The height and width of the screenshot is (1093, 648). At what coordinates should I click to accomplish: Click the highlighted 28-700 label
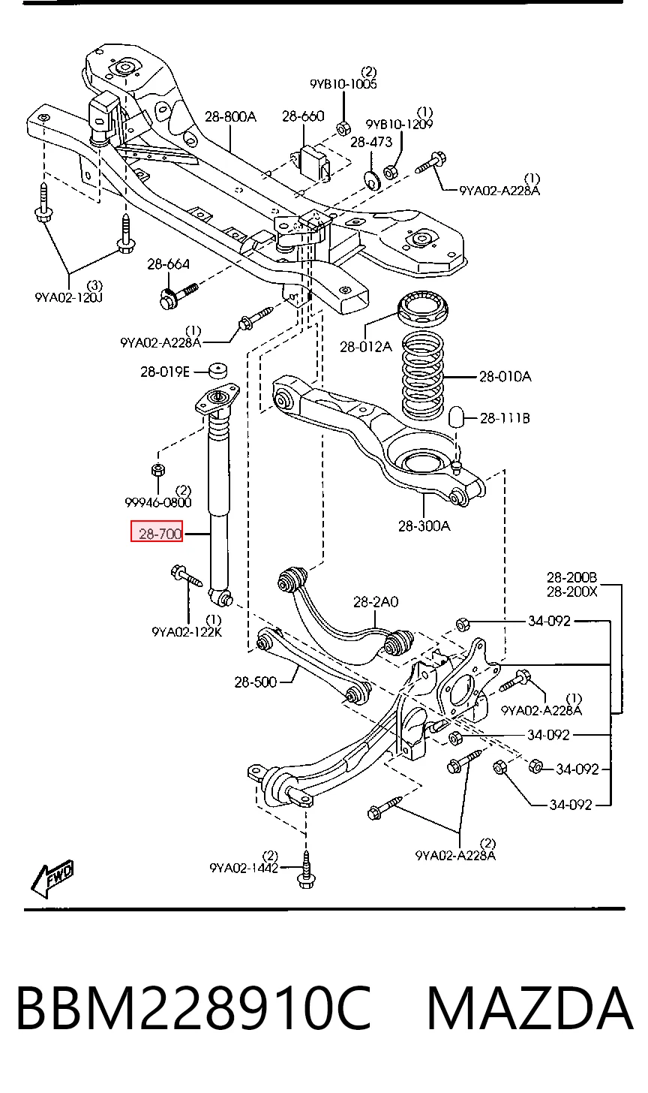(x=157, y=531)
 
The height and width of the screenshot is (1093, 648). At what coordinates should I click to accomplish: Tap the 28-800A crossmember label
(x=230, y=116)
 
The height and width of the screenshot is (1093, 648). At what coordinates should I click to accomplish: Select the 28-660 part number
(x=303, y=116)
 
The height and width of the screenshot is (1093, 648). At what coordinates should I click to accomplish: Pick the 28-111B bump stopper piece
(x=457, y=416)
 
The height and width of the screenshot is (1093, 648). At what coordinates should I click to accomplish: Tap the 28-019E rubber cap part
(x=218, y=371)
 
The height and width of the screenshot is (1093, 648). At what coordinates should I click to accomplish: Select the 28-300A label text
(x=424, y=526)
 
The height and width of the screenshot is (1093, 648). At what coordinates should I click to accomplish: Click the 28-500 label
(x=256, y=682)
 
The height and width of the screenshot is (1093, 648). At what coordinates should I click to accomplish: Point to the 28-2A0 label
(x=376, y=602)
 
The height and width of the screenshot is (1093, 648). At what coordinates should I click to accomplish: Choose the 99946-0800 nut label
(x=158, y=502)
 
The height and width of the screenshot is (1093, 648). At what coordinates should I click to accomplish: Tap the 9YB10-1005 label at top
(x=343, y=84)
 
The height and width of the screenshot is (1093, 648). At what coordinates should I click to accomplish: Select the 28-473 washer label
(x=371, y=142)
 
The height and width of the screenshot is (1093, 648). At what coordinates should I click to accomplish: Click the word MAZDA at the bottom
(x=530, y=1008)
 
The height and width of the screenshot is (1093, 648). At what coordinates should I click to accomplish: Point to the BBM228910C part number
(x=194, y=1008)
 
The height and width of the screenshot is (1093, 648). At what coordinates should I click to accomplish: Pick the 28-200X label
(x=571, y=592)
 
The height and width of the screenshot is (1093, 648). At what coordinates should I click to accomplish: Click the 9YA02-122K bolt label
(x=187, y=632)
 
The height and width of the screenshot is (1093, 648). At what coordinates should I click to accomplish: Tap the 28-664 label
(x=168, y=264)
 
